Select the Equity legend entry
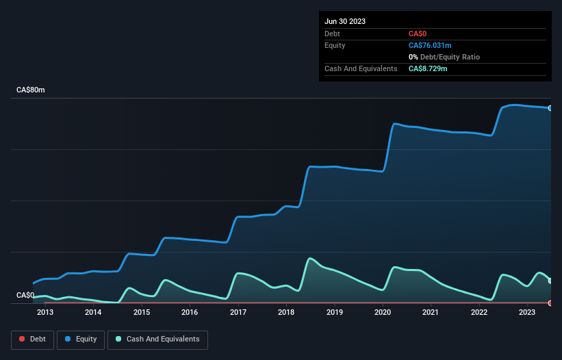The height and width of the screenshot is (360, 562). click(x=81, y=339)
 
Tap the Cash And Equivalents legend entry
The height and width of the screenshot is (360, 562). click(x=157, y=339)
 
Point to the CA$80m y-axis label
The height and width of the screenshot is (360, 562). click(x=30, y=90)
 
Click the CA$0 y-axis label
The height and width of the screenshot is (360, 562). click(x=25, y=295)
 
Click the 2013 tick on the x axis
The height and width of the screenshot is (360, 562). click(x=45, y=313)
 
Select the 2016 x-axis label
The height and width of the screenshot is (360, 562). click(x=190, y=313)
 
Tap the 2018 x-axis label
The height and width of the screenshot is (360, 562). click(x=286, y=313)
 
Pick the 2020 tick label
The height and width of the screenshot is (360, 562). click(x=383, y=313)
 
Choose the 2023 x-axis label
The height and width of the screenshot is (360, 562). click(x=527, y=313)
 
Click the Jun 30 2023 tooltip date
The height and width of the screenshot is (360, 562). click(x=345, y=21)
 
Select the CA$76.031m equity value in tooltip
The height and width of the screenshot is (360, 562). click(x=430, y=45)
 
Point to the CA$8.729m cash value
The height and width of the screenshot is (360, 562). click(x=428, y=68)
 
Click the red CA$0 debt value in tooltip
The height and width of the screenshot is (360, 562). click(x=418, y=34)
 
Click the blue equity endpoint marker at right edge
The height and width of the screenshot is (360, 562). click(x=550, y=108)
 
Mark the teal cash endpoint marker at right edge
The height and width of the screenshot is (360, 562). click(x=550, y=281)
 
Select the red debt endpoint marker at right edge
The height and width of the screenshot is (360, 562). click(x=550, y=303)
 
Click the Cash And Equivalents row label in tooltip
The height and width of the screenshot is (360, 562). click(x=361, y=68)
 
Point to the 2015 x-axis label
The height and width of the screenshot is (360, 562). click(x=142, y=313)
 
